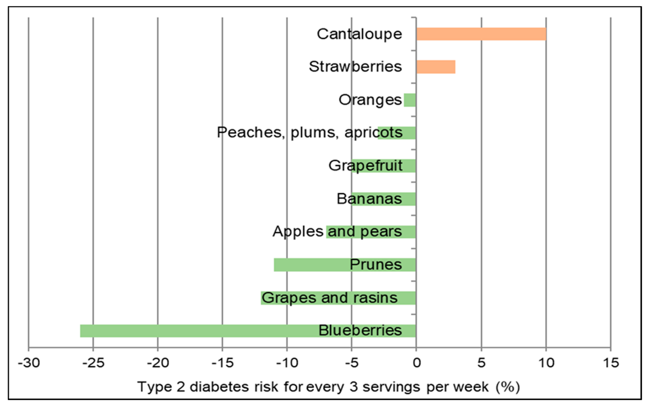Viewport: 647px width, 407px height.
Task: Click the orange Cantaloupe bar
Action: pos(481,34)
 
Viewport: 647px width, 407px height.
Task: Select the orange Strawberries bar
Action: pos(436,67)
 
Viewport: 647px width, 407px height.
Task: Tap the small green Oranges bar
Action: pos(410,100)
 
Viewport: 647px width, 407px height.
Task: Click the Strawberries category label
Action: pos(355,67)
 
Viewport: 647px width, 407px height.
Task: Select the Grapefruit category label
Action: pos(366,165)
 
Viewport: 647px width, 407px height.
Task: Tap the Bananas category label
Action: pos(369,199)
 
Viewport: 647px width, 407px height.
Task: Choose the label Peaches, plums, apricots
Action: pos(310,132)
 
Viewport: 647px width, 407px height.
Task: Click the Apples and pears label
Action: pos(337,232)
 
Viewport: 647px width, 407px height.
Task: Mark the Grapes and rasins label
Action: pos(329,298)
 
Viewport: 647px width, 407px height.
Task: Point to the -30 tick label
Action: pos(29,363)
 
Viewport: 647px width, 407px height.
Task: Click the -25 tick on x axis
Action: pos(93,363)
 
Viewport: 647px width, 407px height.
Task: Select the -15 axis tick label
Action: pos(222,363)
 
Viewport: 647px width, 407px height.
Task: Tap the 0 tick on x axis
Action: pos(417,363)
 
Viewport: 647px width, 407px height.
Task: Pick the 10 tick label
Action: pos(546,363)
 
